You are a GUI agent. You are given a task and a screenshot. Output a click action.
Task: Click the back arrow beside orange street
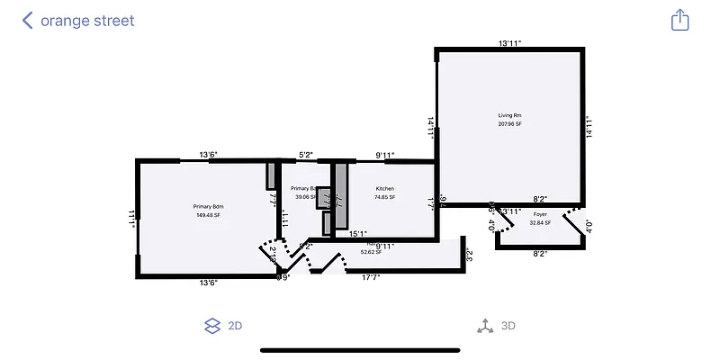pyautogui.click(x=28, y=20)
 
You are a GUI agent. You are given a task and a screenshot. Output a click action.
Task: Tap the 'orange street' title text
pyautogui.click(x=87, y=20)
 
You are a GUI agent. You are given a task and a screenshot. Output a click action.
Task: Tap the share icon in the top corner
pyautogui.click(x=679, y=20)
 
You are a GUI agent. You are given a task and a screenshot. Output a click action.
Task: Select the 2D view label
pyautogui.click(x=235, y=326)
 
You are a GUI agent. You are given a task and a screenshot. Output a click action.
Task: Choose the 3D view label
pyautogui.click(x=508, y=326)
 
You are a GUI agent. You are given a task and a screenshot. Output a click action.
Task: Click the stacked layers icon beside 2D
pyautogui.click(x=212, y=326)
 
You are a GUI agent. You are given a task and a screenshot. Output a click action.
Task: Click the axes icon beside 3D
pyautogui.click(x=485, y=326)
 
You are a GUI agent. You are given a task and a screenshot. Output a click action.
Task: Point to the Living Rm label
pyautogui.click(x=510, y=116)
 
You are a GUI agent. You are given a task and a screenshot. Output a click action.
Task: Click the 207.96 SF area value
pyautogui.click(x=510, y=124)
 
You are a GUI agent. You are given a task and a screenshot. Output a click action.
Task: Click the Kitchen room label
pyautogui.click(x=385, y=189)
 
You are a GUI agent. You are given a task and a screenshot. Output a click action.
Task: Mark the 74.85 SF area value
pyautogui.click(x=385, y=197)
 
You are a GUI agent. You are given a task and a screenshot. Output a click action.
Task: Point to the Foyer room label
pyautogui.click(x=540, y=214)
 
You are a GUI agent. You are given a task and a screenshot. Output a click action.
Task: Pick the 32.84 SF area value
pyautogui.click(x=540, y=222)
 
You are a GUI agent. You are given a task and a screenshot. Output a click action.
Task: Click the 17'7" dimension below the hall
pyautogui.click(x=371, y=277)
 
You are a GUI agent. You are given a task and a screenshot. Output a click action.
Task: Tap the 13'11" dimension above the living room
pyautogui.click(x=510, y=42)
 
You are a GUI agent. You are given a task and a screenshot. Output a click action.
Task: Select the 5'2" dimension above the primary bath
pyautogui.click(x=306, y=155)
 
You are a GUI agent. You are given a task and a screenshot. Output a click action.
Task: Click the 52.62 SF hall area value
pyautogui.click(x=371, y=253)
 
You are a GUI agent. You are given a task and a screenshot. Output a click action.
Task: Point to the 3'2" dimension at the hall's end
pyautogui.click(x=469, y=255)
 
